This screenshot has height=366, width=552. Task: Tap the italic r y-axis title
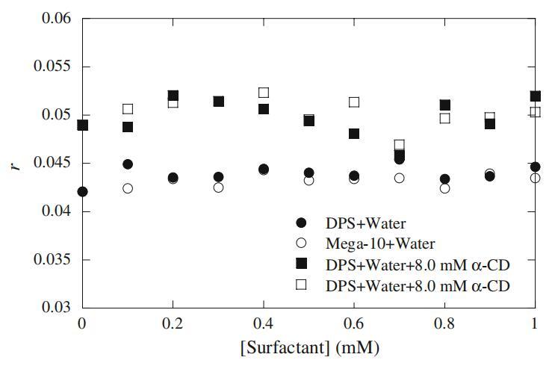point(16,163)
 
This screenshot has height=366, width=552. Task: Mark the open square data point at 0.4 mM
point(264,93)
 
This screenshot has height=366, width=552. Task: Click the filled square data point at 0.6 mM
point(354,134)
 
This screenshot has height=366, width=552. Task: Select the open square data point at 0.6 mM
point(354,102)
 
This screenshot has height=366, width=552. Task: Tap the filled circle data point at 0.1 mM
point(128,164)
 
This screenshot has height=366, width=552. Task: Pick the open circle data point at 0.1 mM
point(128,188)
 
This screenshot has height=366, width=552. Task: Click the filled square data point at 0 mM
point(83,125)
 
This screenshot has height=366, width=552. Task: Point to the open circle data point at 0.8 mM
point(445,188)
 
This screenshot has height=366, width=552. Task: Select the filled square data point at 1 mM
point(536,96)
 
